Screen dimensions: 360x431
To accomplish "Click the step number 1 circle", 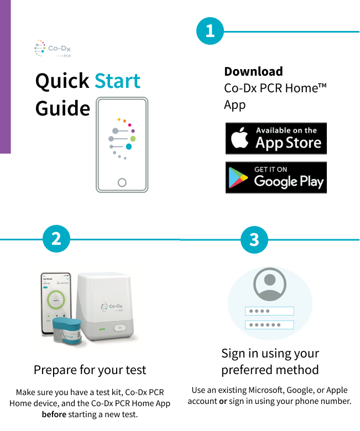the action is click(210, 31).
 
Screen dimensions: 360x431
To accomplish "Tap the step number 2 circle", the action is click(56, 239).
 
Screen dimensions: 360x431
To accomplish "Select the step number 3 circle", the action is click(254, 239).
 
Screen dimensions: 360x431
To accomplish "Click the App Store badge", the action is click(276, 138).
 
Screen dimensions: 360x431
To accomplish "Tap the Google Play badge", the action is click(276, 177).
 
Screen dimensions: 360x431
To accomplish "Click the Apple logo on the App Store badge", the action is click(239, 138).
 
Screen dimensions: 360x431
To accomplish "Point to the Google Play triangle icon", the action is click(238, 177).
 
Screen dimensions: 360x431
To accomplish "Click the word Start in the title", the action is click(117, 81).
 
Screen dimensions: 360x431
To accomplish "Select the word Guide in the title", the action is click(62, 108).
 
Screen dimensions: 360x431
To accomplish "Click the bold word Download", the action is click(254, 71).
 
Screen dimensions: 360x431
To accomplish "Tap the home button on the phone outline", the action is click(122, 182).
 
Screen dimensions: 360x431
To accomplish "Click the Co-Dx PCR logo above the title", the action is click(53, 49).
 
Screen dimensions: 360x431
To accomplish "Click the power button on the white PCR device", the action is click(119, 328).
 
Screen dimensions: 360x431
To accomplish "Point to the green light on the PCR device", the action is click(102, 329).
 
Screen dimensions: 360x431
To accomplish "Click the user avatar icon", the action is click(269, 284).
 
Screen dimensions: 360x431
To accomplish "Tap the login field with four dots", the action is click(269, 311).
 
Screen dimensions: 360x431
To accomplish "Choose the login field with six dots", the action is click(269, 324).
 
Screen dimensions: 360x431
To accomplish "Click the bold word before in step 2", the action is click(54, 414).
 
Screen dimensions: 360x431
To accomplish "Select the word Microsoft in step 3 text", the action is click(266, 390).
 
